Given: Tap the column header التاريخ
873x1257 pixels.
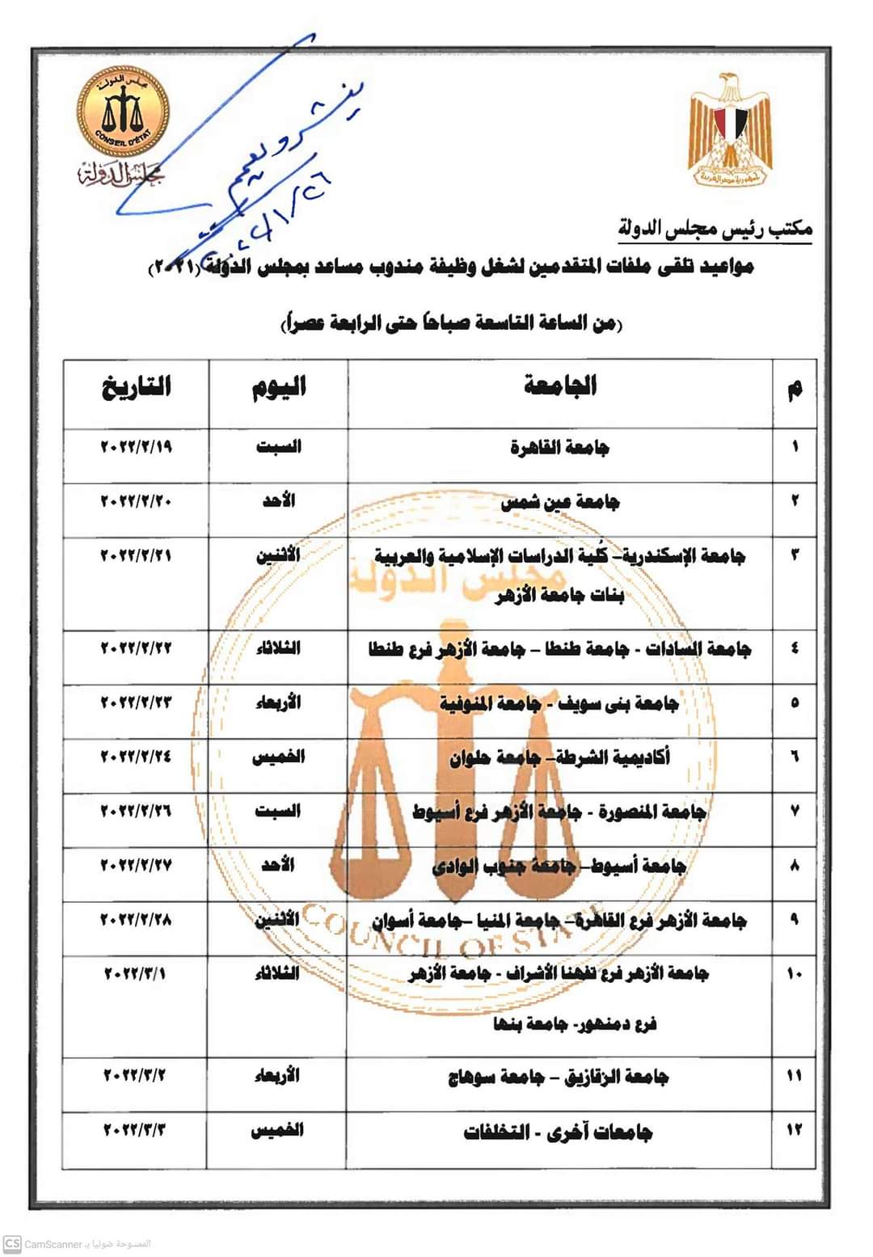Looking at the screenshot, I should coord(137,386).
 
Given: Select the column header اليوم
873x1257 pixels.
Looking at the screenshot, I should coord(279,387).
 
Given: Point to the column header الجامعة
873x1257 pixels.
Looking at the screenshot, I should coord(559,386).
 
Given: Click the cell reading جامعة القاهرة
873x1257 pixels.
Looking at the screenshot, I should coord(559,447).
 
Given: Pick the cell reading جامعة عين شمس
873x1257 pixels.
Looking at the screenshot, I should coord(559,502).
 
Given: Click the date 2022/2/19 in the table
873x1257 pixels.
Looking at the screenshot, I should coord(137,446).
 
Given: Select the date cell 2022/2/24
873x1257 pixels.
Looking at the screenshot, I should coord(137,757).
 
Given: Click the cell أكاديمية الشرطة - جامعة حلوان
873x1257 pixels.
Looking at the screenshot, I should coord(559,757).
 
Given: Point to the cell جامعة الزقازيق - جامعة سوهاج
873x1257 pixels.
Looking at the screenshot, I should coord(559,1077).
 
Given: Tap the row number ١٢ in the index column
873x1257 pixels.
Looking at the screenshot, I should coord(794,1130).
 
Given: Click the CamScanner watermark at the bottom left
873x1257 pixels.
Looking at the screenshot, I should coord(77,1243).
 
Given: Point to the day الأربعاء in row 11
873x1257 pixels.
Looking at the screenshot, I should coord(277,1075).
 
